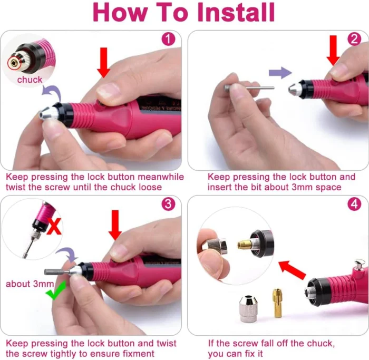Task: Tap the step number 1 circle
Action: click(168, 39)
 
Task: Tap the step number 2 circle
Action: click(354, 39)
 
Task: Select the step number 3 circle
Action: click(168, 205)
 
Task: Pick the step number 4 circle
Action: click(354, 205)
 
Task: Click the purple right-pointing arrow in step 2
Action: click(280, 73)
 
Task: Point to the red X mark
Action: click(53, 227)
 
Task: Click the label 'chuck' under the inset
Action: click(30, 80)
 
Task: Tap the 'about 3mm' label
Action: click(30, 284)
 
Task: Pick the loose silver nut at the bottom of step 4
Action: click(248, 307)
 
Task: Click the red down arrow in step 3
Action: click(114, 228)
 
